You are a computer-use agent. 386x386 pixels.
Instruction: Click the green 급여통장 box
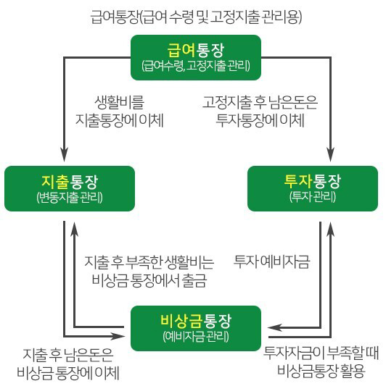[195, 56]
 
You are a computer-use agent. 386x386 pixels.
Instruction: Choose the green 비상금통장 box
[195, 327]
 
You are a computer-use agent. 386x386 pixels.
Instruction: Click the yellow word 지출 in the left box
[54, 180]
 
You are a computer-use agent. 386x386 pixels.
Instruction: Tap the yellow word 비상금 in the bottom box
[178, 319]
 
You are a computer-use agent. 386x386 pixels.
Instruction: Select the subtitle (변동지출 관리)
[69, 196]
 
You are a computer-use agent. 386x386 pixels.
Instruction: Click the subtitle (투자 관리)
[313, 196]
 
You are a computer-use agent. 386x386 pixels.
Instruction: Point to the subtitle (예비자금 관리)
[195, 336]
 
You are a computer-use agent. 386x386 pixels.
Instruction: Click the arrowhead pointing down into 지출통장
[65, 155]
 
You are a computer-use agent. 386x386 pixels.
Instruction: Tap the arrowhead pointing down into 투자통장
[329, 155]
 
